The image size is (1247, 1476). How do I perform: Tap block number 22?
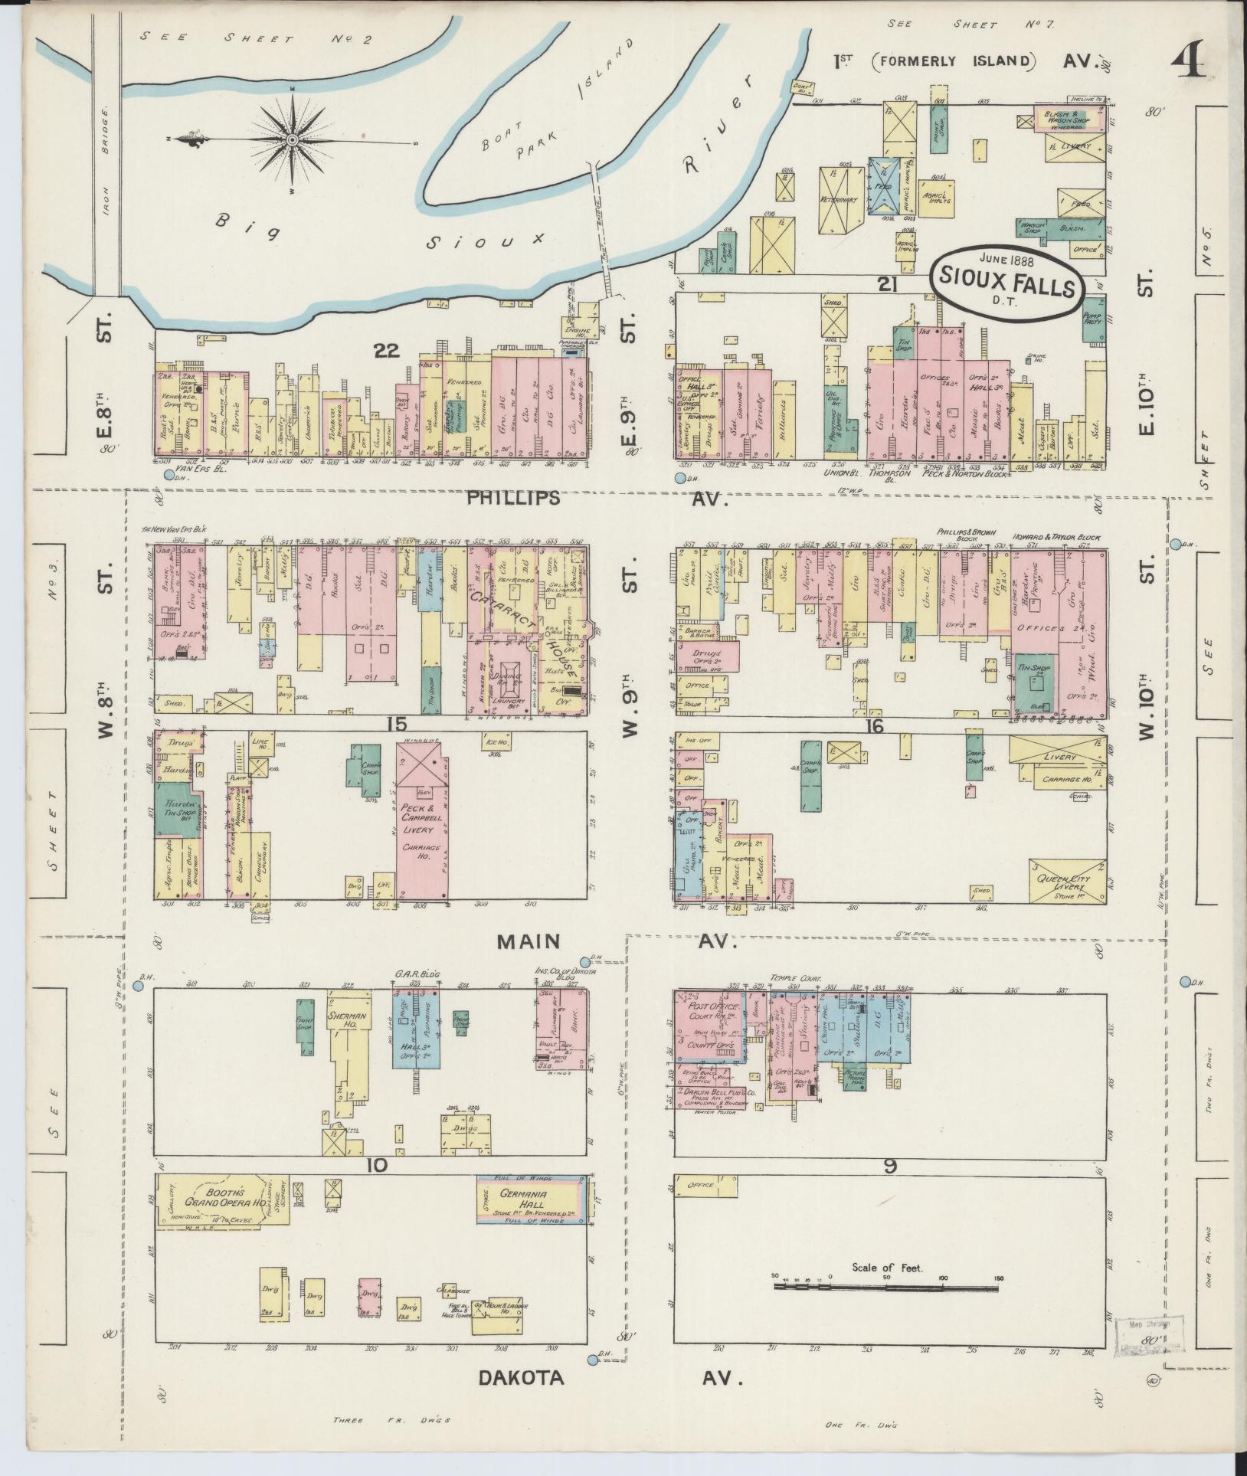[x=388, y=351]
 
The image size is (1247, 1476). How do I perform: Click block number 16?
[x=874, y=726]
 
